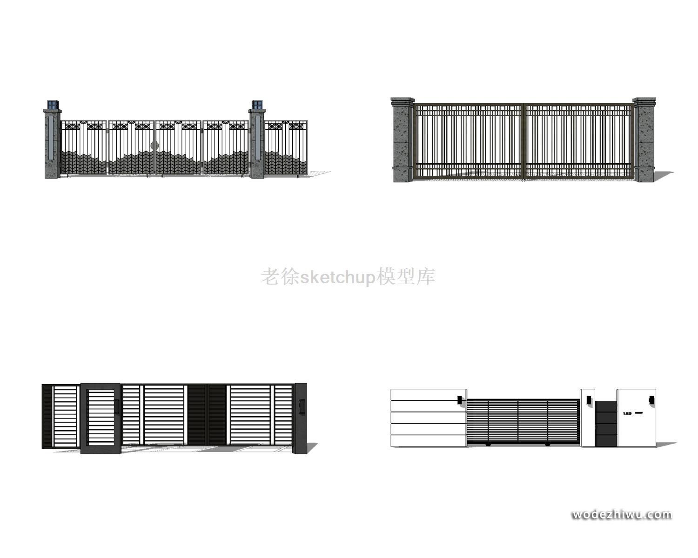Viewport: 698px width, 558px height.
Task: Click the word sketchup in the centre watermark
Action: [337, 278]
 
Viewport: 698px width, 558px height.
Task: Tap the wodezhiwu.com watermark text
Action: [622, 515]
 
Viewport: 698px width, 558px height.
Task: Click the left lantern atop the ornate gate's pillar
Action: [53, 105]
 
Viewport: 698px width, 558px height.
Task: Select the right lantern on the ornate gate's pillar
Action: [257, 105]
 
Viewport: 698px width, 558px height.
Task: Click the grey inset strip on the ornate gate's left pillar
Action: [51, 138]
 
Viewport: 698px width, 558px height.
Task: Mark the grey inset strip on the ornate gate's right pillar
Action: [256, 138]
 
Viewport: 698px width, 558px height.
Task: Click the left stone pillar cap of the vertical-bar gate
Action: [403, 100]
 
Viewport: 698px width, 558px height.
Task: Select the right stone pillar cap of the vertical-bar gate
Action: [644, 100]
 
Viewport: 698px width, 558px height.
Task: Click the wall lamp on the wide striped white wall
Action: [459, 399]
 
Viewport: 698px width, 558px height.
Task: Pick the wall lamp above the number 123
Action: [651, 399]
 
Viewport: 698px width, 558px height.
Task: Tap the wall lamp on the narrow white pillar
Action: [589, 399]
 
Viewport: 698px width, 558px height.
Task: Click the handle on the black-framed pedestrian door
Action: [117, 405]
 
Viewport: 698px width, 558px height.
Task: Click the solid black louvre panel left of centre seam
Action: [197, 415]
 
